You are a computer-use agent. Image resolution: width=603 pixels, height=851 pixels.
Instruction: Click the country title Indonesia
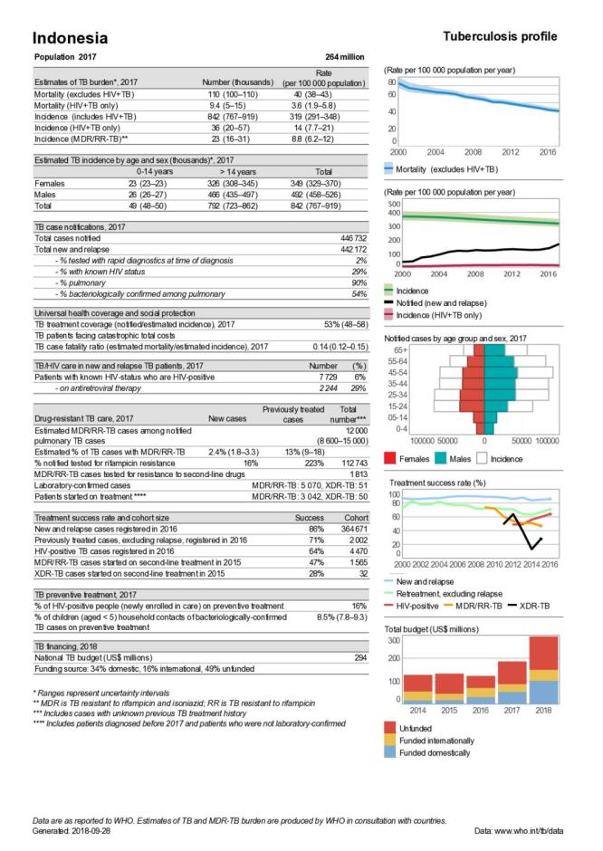[70, 38]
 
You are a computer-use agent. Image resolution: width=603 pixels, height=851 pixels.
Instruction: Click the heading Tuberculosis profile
[500, 36]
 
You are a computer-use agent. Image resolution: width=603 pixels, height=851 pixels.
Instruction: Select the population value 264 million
[345, 57]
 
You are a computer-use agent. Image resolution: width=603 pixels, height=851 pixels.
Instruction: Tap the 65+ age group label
[399, 349]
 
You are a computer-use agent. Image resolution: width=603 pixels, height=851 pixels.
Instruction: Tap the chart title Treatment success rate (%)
[440, 483]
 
